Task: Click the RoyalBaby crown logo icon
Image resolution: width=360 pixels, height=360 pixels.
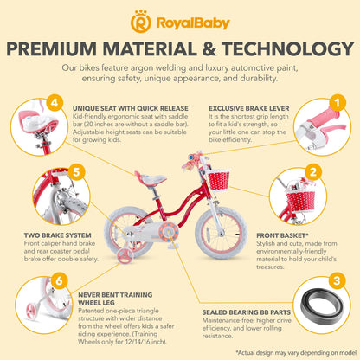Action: click(x=141, y=22)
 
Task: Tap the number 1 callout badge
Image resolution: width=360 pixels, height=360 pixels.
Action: click(x=337, y=103)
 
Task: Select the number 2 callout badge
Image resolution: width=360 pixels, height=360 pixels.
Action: click(x=313, y=172)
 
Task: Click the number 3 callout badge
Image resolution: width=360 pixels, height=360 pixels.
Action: click(x=337, y=280)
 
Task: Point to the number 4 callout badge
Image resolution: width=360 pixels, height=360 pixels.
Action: click(x=55, y=103)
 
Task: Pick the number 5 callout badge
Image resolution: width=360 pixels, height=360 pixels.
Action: click(x=76, y=172)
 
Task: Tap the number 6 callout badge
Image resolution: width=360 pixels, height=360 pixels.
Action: click(x=59, y=280)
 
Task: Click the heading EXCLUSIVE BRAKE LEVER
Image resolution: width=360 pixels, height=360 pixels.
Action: click(x=249, y=109)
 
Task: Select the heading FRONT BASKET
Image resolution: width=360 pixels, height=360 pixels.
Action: click(x=282, y=235)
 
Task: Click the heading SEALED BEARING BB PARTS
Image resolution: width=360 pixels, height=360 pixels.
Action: click(x=247, y=312)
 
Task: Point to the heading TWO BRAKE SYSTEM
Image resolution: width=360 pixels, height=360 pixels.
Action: click(x=57, y=235)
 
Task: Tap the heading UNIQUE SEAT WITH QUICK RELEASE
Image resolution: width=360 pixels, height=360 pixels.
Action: click(x=131, y=109)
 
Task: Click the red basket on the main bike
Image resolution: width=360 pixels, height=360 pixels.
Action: click(x=219, y=179)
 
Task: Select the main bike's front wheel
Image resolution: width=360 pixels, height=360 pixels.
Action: click(x=222, y=233)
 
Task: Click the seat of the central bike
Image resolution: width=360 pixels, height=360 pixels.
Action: click(x=151, y=179)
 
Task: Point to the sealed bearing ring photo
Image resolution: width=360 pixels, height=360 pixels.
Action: click(x=322, y=305)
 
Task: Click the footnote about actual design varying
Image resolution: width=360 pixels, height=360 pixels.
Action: click(x=296, y=352)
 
